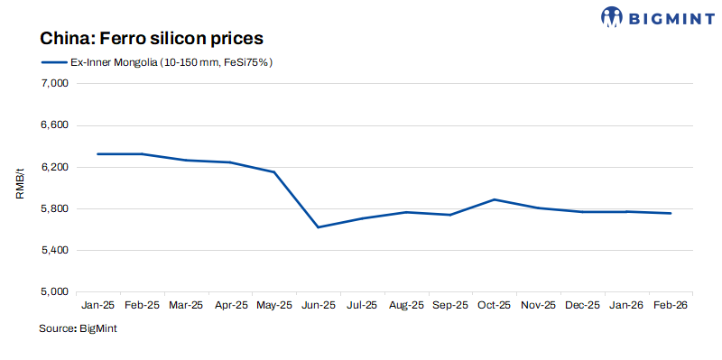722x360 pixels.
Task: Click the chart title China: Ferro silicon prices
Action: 151,39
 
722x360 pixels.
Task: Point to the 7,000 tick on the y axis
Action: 56,84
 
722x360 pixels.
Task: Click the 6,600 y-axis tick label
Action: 56,125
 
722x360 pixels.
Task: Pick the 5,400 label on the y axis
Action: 56,251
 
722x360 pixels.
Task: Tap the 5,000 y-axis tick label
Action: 56,292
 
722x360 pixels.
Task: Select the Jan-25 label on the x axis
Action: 97,306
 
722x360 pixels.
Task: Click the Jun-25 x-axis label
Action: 318,306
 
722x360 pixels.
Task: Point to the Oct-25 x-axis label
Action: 494,306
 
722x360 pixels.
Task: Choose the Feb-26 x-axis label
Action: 670,306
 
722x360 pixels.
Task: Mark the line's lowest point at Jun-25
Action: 318,227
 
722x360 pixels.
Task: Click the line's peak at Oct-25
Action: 494,199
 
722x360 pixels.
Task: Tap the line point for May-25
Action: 273,172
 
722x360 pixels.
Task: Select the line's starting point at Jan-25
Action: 97,154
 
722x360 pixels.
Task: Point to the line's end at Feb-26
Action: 670,213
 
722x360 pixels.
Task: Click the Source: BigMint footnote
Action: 78,329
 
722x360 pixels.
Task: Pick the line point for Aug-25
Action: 406,212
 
